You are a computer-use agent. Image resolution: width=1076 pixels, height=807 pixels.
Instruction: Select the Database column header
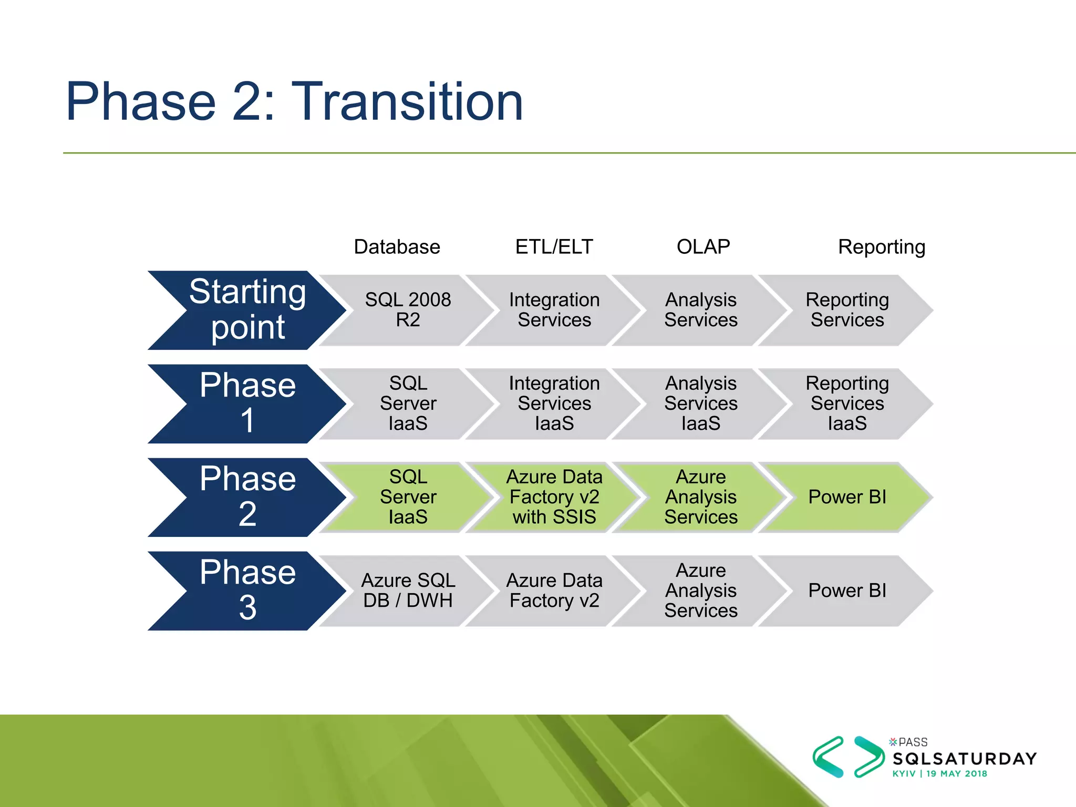coord(397,247)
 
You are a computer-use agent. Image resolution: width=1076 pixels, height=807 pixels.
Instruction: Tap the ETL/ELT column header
coord(554,247)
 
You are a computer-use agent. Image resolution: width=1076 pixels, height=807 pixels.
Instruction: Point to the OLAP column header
coord(703,247)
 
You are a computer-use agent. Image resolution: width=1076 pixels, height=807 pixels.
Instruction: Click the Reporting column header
coord(881,247)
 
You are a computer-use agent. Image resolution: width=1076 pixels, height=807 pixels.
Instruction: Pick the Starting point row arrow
coord(247,310)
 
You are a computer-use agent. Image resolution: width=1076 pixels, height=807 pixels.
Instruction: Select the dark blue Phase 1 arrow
coord(247,403)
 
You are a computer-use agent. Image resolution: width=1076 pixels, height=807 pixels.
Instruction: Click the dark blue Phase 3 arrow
coord(247,591)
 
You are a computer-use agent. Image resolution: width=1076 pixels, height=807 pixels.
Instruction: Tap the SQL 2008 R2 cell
coord(408,310)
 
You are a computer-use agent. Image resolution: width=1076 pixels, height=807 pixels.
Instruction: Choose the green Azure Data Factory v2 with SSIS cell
coord(554,497)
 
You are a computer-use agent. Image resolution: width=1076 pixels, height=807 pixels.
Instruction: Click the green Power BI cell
coord(847,497)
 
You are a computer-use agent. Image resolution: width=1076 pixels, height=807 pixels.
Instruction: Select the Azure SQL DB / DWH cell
coord(408,591)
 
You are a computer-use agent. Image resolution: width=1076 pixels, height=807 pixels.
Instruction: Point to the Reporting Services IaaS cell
coord(847,403)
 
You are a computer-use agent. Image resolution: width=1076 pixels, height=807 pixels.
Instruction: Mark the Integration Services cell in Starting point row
coord(554,310)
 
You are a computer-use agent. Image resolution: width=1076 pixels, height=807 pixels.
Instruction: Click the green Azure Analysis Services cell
coord(700,497)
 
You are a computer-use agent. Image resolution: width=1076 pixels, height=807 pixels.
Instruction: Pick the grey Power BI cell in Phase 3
coord(847,591)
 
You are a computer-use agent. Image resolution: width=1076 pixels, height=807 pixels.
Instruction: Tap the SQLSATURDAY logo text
coord(965,759)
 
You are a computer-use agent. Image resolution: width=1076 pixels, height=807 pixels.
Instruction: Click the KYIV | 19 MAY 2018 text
coord(939,774)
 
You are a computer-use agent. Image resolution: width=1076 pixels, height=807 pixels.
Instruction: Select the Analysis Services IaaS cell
coord(700,403)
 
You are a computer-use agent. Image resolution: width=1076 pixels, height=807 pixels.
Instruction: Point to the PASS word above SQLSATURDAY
coord(913,742)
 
